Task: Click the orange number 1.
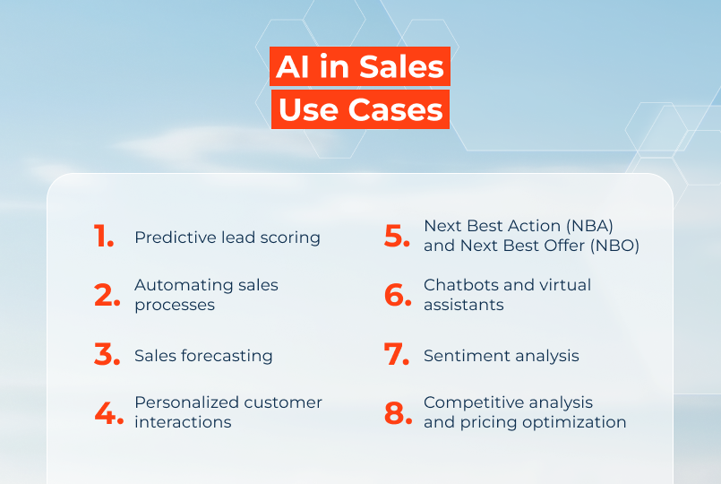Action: [x=103, y=237]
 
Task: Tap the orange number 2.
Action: [x=107, y=295]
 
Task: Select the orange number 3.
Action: [x=107, y=355]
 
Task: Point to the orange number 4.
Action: [x=108, y=412]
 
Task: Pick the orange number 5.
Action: [x=397, y=236]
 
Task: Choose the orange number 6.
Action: [x=398, y=295]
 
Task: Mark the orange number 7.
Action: [x=397, y=355]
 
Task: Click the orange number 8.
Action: [x=398, y=412]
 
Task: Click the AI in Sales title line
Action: [x=360, y=66]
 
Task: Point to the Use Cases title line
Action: [x=360, y=109]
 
